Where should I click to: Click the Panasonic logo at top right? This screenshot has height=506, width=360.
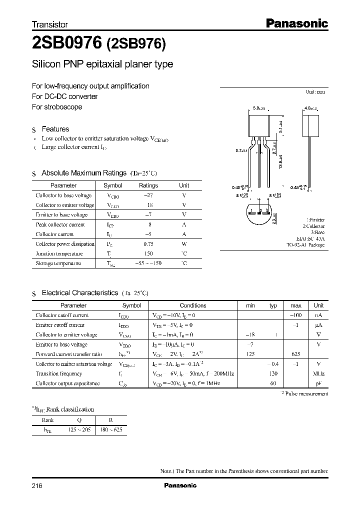(x=295, y=23)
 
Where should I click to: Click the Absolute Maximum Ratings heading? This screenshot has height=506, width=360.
(x=83, y=173)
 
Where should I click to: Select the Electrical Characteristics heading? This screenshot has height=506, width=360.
(x=79, y=293)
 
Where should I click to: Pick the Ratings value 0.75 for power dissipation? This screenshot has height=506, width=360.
(x=148, y=244)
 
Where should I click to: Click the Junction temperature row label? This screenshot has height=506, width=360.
(x=57, y=253)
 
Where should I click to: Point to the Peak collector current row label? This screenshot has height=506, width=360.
(x=60, y=224)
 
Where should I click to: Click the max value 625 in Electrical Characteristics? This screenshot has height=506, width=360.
(x=295, y=354)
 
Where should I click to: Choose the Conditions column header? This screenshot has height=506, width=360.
(x=192, y=305)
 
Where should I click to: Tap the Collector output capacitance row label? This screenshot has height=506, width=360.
(x=67, y=383)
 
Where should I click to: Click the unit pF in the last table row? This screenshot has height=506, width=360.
(x=318, y=383)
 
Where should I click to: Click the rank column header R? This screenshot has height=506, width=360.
(x=110, y=420)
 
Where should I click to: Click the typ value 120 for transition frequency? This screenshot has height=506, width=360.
(x=273, y=373)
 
